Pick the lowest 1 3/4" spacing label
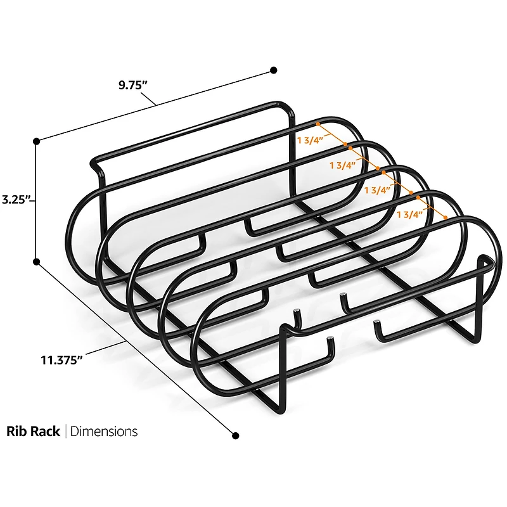[409, 214]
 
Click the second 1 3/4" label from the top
[343, 165]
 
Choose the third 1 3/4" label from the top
[377, 189]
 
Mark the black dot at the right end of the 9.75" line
[274, 70]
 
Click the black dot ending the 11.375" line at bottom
[236, 435]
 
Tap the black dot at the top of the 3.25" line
[37, 140]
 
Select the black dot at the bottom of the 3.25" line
[37, 261]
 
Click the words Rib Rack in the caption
[33, 432]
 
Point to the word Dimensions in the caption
[104, 432]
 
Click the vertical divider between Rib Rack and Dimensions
[65, 432]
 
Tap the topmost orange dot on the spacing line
[319, 125]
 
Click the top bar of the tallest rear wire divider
[190, 126]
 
